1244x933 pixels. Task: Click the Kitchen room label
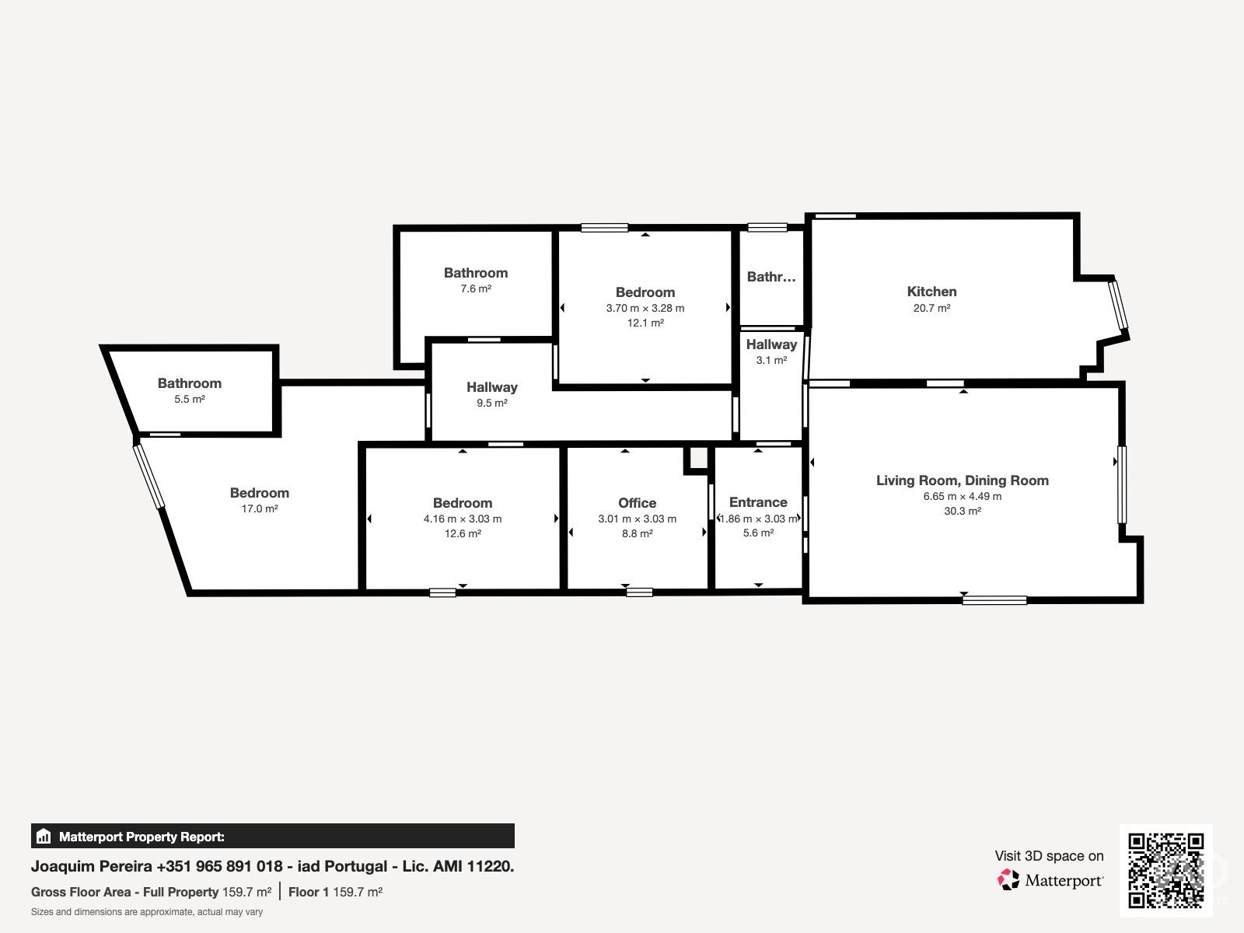coord(931,292)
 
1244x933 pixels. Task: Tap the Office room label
coord(637,503)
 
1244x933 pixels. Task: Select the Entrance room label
coord(758,502)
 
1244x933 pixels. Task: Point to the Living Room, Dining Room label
coord(963,480)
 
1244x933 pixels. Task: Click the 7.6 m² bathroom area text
coord(476,289)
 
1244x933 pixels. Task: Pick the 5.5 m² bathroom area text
coord(189,400)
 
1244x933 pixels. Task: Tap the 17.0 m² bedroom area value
coord(260,508)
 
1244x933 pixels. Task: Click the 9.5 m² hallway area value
coord(492,404)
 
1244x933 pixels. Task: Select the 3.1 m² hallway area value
coord(771,360)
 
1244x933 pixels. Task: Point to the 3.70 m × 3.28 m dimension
coord(645,309)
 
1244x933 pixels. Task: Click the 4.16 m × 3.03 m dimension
coord(463,519)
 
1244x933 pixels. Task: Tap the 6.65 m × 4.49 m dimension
coord(963,497)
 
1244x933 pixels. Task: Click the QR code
coord(1165,871)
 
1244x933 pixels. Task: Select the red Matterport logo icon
coord(1008,880)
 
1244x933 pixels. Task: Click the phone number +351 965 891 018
coord(219,867)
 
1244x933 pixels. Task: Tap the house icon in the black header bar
coord(44,836)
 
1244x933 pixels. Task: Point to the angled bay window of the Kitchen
coord(1120,306)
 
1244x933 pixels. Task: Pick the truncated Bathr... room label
coord(771,277)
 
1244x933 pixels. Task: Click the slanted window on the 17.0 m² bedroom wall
coord(149,477)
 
